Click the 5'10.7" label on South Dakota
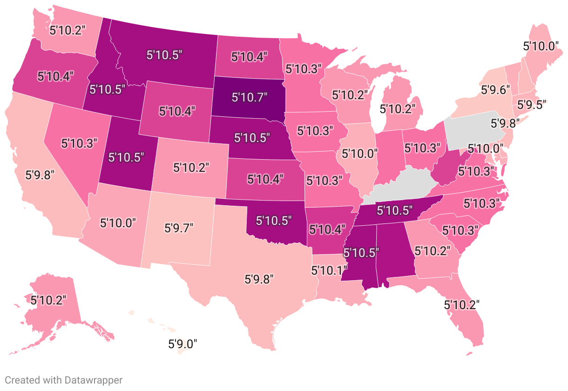(x=250, y=97)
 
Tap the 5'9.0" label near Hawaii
(x=183, y=344)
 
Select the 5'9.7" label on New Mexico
(x=179, y=228)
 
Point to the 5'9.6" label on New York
(x=494, y=86)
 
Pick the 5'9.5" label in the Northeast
(x=529, y=104)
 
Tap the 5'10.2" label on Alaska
(x=48, y=300)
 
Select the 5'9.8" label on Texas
(x=259, y=279)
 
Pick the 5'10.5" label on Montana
(x=164, y=54)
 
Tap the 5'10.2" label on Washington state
(x=68, y=31)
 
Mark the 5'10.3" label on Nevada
(x=80, y=143)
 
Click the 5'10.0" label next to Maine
(x=541, y=46)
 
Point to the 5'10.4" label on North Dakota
(x=250, y=57)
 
